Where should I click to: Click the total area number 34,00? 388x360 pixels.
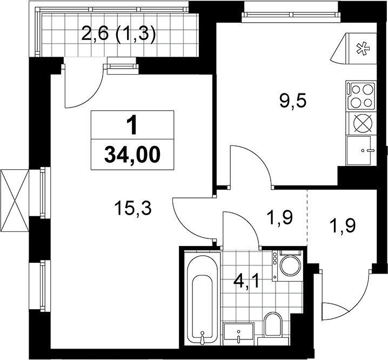tap(132, 155)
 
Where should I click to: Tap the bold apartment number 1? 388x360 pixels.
tap(132, 126)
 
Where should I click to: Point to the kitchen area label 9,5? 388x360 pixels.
tap(293, 101)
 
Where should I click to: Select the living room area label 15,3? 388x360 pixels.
tap(133, 208)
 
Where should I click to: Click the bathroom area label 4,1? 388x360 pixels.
tap(246, 282)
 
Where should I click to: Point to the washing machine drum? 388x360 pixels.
tap(290, 266)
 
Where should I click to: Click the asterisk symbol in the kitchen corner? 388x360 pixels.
tap(362, 49)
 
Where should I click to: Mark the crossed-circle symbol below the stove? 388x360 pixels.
tap(362, 124)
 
